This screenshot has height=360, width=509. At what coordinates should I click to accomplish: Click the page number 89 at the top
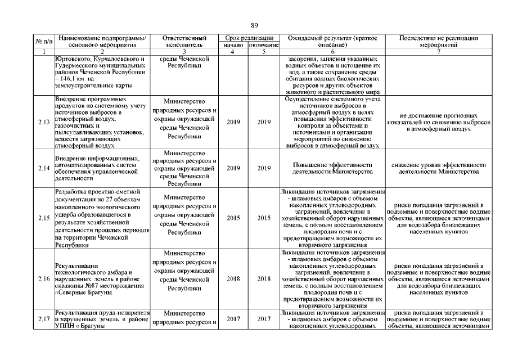[254, 25]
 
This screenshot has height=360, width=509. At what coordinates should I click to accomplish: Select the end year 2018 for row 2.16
[264, 278]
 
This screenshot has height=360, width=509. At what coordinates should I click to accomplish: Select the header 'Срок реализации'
[248, 37]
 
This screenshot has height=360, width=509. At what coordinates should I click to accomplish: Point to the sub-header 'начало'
[233, 44]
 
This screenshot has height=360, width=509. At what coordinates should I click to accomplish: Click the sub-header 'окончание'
[264, 44]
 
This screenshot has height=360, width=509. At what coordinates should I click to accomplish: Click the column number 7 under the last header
[442, 52]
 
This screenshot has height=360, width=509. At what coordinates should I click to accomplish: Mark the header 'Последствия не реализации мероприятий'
[442, 40]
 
